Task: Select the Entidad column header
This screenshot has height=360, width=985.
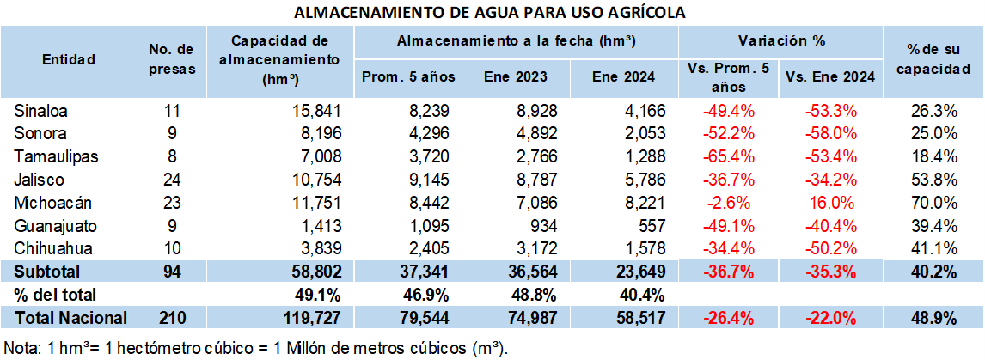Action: click(69, 60)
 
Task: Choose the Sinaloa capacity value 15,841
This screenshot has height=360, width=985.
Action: click(317, 110)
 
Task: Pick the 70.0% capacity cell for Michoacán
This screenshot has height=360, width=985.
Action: click(933, 203)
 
